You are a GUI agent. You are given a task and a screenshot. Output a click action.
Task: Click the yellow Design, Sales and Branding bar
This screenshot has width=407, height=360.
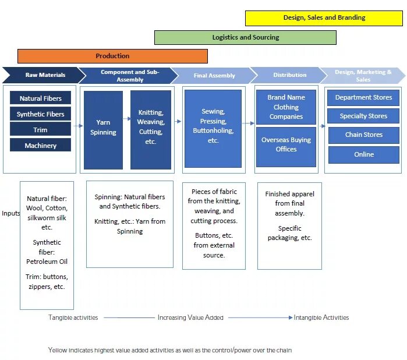(x=324, y=18)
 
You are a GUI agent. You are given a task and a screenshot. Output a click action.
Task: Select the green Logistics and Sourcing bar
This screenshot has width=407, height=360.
(x=245, y=38)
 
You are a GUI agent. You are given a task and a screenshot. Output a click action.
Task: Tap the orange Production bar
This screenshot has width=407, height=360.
(x=112, y=57)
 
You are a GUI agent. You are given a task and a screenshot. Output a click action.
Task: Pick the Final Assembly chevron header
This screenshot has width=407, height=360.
(x=214, y=76)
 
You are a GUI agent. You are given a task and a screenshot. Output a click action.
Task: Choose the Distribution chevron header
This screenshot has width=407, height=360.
(x=289, y=75)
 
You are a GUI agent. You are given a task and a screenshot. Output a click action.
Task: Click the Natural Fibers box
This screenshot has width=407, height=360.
(x=40, y=98)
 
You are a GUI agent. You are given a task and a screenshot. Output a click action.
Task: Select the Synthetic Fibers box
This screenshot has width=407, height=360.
(x=40, y=114)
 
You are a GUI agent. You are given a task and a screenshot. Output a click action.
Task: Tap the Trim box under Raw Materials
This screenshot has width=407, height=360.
(x=40, y=129)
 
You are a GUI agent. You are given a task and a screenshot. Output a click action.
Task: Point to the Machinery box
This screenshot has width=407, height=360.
(x=40, y=145)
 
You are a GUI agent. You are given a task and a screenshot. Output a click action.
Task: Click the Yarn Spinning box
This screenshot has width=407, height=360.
(x=103, y=128)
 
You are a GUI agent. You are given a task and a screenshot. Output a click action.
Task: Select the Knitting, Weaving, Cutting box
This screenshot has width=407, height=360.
(x=151, y=128)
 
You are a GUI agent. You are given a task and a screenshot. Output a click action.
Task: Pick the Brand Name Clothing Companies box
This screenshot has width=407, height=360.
(x=286, y=107)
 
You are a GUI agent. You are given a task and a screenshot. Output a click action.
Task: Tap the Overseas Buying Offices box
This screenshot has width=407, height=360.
(x=286, y=145)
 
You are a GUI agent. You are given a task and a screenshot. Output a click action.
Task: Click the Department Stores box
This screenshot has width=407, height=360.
(x=363, y=98)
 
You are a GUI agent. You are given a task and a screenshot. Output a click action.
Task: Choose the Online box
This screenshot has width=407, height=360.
(x=363, y=154)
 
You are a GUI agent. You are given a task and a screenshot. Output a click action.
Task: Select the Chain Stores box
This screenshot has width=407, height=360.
(x=363, y=135)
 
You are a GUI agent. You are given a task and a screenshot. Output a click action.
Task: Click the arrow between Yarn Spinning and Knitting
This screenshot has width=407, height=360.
(x=126, y=119)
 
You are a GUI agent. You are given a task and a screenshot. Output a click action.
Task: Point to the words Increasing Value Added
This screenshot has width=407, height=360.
(x=190, y=318)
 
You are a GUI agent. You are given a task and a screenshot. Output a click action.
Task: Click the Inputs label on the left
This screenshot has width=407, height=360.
(x=10, y=213)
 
